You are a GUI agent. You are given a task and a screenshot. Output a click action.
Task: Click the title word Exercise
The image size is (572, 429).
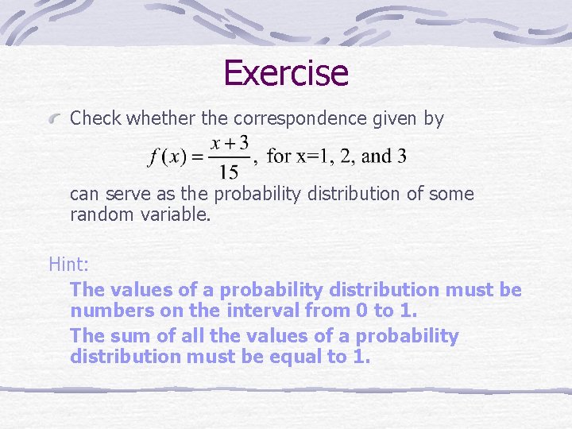(x=286, y=73)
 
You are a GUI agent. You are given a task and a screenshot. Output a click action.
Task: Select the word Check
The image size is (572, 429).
(x=95, y=119)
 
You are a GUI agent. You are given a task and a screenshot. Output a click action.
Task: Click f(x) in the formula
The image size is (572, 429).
(x=167, y=157)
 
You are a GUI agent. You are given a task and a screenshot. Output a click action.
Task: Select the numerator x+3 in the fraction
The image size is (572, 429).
(x=230, y=143)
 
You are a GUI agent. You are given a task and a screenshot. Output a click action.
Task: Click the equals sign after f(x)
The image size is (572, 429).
(x=195, y=157)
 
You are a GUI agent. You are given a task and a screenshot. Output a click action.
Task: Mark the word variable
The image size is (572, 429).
(x=176, y=213)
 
